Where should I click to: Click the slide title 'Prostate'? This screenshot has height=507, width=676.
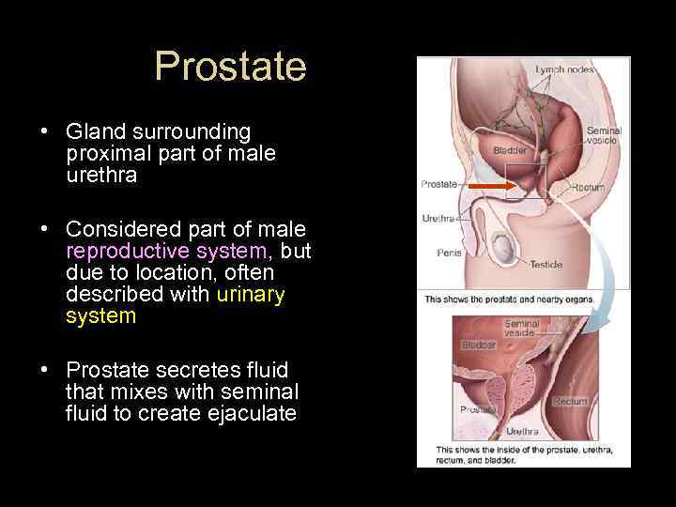coord(230,67)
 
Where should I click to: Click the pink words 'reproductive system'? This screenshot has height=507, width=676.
coord(166,251)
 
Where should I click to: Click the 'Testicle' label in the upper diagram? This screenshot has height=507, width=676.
coord(545,265)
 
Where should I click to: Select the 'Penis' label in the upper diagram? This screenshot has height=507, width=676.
coord(449,252)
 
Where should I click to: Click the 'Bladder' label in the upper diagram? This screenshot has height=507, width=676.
coord(510,150)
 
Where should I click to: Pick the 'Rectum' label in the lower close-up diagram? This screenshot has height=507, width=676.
coord(570,401)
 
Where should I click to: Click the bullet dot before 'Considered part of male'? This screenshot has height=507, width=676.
coord(45,229)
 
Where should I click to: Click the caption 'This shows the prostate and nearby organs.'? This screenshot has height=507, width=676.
coord(522,300)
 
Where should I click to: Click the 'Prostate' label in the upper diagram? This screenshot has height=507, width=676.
coord(438,184)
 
